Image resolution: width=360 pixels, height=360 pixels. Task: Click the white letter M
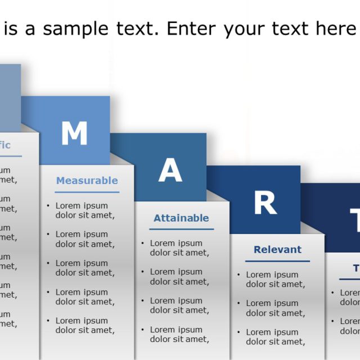pos(74,134)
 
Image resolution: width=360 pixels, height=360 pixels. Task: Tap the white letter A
pos(170,170)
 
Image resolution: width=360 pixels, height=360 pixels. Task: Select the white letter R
pos(265,203)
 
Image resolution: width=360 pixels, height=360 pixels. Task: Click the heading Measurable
pos(87,181)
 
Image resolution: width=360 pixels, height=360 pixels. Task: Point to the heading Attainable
pos(181,218)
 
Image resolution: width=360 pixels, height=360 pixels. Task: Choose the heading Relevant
pos(277,250)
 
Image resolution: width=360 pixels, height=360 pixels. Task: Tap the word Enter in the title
pos(191,28)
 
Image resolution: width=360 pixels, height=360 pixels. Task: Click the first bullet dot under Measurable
pos(48,206)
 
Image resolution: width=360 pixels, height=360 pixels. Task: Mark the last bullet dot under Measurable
pos(48,321)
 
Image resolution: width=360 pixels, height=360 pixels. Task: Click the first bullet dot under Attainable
pos(143,244)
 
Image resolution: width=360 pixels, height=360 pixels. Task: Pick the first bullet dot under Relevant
pos(239,275)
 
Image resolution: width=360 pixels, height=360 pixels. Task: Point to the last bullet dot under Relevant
pos(239,332)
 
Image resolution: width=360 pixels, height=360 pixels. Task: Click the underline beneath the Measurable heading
pos(87,192)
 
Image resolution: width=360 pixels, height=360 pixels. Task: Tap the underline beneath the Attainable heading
pos(181,229)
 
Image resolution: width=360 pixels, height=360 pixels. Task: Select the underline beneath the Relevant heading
pos(277,261)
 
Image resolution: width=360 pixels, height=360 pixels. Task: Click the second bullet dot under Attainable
pos(143,272)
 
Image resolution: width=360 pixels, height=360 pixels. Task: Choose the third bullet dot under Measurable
pos(48,263)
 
